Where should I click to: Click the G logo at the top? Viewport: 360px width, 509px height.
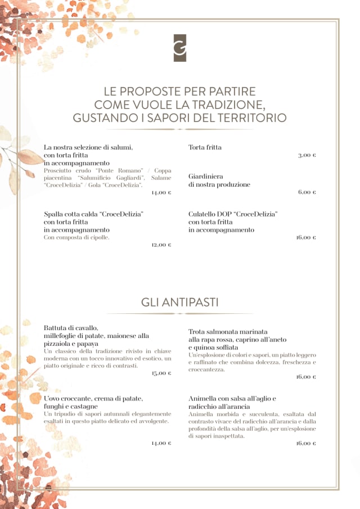180,48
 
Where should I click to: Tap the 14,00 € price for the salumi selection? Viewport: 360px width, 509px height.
161,192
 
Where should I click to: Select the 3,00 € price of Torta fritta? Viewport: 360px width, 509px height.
307,155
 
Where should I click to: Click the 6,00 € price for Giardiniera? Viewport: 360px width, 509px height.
307,192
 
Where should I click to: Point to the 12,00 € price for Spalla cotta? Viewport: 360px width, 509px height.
161,245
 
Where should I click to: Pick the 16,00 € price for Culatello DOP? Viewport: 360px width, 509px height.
306,237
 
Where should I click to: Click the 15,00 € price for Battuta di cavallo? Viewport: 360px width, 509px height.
161,373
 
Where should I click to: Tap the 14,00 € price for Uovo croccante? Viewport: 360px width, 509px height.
161,443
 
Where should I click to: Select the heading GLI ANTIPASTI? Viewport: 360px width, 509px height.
180,303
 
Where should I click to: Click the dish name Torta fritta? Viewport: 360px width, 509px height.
205,147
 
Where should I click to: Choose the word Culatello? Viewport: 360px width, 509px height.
204,214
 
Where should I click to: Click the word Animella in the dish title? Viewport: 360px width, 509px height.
203,399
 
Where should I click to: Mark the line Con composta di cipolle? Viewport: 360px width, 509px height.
76,237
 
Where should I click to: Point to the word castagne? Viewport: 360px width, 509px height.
84,406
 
